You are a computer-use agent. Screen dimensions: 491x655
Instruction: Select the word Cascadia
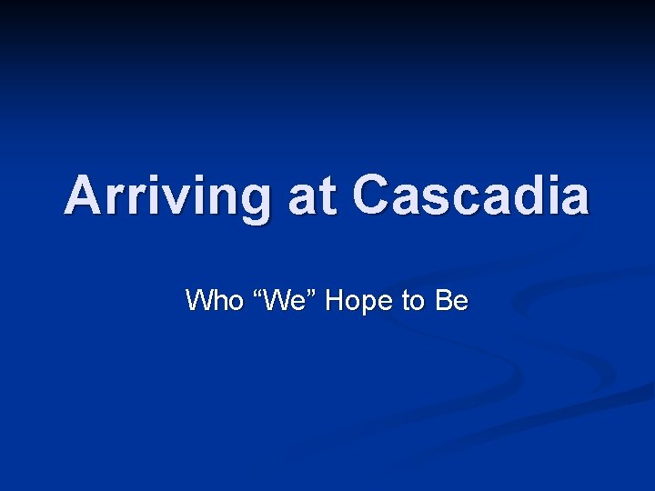click(470, 195)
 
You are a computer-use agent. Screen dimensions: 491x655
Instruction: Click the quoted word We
click(283, 300)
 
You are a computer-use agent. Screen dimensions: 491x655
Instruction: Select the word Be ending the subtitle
click(452, 300)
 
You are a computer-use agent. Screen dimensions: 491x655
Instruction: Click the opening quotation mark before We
click(257, 293)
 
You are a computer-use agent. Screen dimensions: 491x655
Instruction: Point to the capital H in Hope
click(334, 300)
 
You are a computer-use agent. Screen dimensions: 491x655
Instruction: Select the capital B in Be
click(444, 300)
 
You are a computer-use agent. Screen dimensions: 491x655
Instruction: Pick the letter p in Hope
click(368, 304)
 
